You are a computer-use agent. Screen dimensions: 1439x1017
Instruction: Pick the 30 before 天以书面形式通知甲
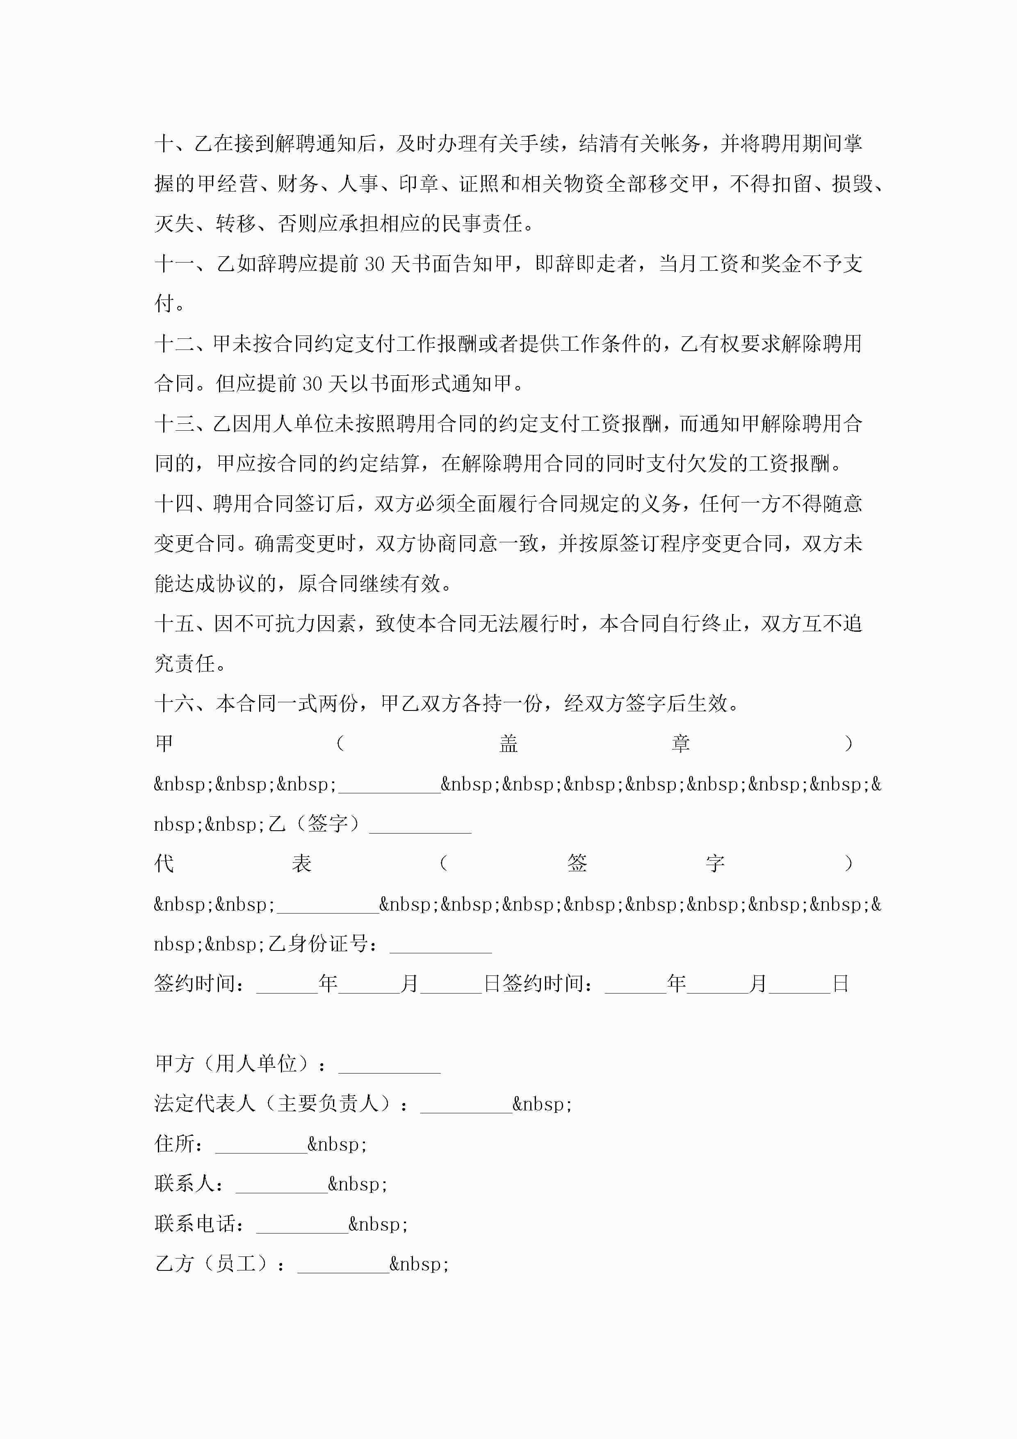pyautogui.click(x=312, y=384)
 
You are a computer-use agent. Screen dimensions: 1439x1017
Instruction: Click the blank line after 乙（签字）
pyautogui.click(x=420, y=825)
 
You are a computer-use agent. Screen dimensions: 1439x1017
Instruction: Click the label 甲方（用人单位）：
pyautogui.click(x=241, y=1064)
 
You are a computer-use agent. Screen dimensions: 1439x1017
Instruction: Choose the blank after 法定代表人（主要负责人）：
pyautogui.click(x=466, y=1104)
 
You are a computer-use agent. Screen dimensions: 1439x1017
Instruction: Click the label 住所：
pyautogui.click(x=179, y=1144)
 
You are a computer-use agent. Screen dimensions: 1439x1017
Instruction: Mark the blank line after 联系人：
pyautogui.click(x=281, y=1184)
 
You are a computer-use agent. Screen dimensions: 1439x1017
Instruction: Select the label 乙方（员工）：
pyautogui.click(x=220, y=1263)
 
